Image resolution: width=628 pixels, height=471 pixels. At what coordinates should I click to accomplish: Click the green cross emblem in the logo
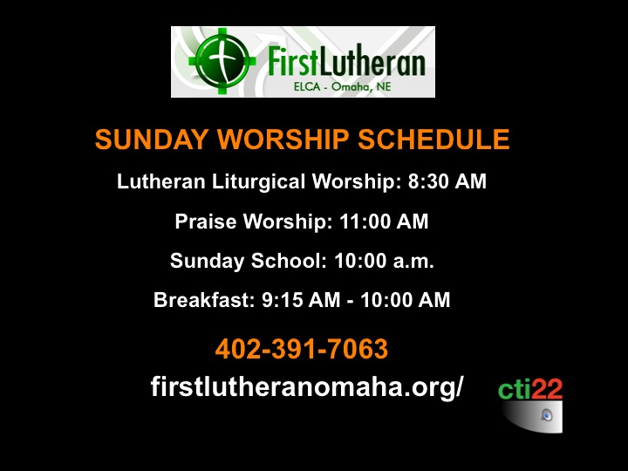tap(222, 61)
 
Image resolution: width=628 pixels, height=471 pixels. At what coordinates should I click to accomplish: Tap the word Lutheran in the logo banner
tap(372, 61)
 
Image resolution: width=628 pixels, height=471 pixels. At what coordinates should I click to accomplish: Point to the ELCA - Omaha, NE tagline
tap(343, 86)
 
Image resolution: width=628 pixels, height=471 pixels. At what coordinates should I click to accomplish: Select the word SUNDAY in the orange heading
tap(152, 140)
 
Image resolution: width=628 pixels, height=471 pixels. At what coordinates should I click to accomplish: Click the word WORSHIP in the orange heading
tap(283, 140)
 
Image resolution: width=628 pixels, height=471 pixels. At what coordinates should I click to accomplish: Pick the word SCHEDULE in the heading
tap(433, 140)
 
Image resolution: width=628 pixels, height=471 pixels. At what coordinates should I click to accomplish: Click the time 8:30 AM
tap(447, 181)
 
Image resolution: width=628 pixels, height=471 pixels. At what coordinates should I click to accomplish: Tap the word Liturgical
tap(258, 181)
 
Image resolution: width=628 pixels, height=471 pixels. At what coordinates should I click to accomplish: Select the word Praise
tap(206, 222)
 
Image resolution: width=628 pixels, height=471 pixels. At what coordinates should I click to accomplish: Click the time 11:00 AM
tap(384, 222)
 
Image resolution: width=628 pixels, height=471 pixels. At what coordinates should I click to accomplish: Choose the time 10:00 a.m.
tap(384, 261)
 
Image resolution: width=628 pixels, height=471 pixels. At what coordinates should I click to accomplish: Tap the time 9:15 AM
tap(301, 300)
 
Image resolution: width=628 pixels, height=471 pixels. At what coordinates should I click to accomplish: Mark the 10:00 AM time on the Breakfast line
tap(406, 300)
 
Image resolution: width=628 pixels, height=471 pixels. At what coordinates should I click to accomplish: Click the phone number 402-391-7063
tap(302, 348)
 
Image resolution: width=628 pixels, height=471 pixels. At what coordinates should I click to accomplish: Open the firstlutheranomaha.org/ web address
tap(307, 386)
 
